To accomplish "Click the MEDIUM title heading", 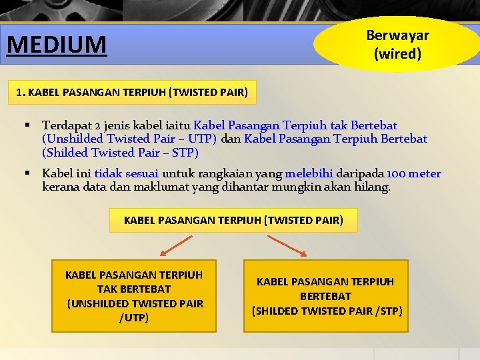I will (x=57, y=45).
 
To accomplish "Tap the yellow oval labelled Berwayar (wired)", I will (x=397, y=44).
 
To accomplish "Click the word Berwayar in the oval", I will (x=397, y=35).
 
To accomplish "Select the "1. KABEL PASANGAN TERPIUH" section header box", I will (x=132, y=93).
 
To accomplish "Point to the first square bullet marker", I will (x=28, y=125).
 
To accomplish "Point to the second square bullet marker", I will (x=28, y=173).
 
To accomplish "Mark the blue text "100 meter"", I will (x=413, y=174).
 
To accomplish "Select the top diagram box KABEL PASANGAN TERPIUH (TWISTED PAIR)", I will (x=233, y=220).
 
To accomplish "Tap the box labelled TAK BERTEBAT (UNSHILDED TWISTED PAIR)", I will (x=134, y=296).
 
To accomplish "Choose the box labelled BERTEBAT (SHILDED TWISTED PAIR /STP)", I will (x=325, y=296).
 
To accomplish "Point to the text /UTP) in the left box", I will (x=134, y=318).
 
